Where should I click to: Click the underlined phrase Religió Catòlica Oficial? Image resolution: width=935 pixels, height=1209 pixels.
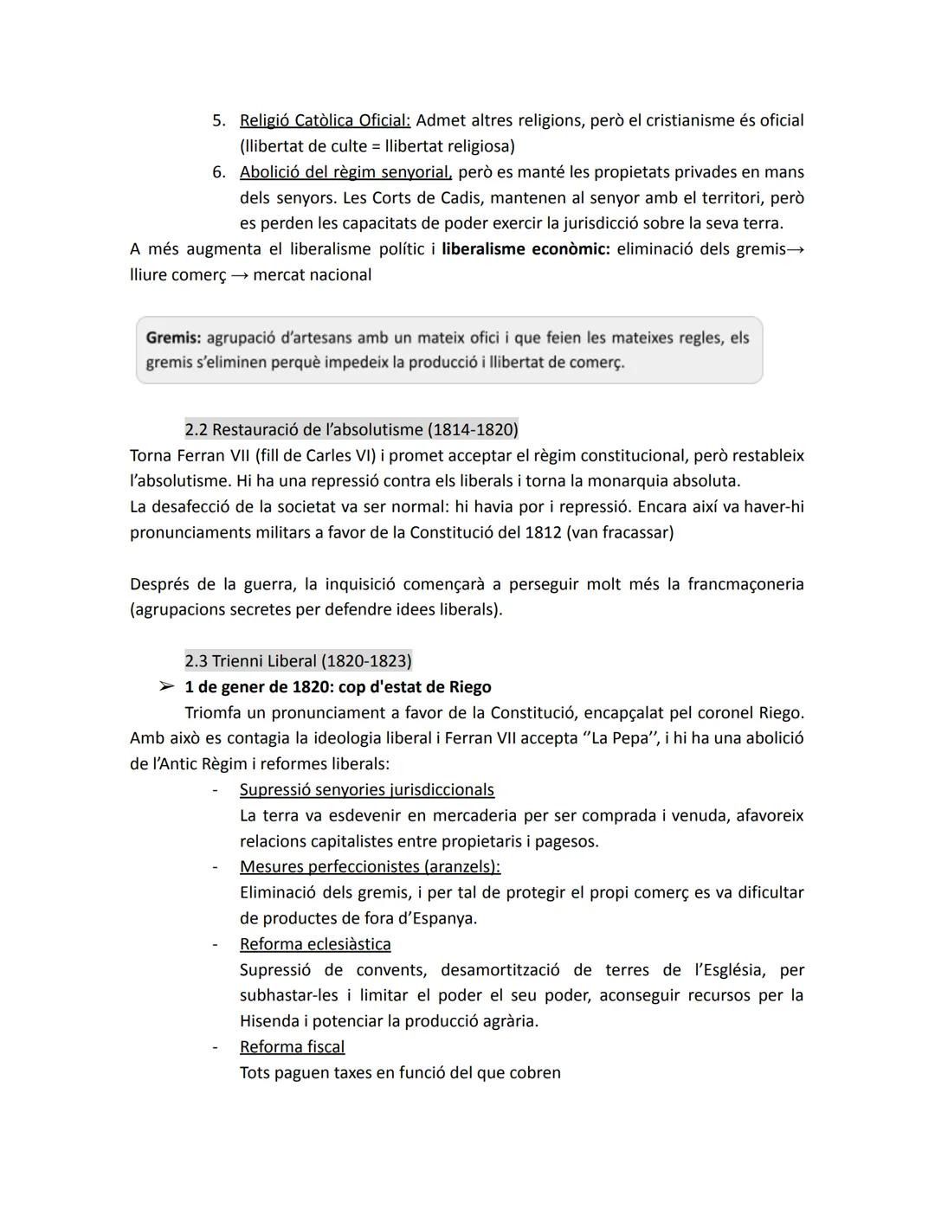tap(325, 120)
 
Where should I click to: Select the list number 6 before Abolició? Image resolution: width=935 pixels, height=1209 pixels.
tap(219, 172)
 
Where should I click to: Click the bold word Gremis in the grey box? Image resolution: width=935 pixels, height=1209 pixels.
tap(172, 338)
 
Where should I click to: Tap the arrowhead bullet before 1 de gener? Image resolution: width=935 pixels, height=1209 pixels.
tap(165, 687)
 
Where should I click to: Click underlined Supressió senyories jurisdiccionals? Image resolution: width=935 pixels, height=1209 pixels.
tap(366, 789)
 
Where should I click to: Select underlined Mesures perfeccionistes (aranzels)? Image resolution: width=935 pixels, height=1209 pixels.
tap(370, 866)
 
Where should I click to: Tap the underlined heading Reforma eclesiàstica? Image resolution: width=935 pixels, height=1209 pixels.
tap(314, 944)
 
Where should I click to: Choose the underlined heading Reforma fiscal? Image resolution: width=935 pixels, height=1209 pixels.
tap(292, 1047)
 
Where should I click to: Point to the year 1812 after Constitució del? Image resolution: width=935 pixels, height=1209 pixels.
tap(543, 532)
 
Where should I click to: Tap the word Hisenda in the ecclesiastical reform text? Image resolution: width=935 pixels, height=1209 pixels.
tap(271, 1021)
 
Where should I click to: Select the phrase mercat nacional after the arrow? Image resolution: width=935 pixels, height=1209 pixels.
tap(312, 275)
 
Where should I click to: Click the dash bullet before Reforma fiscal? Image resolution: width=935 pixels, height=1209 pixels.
tap(215, 1047)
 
